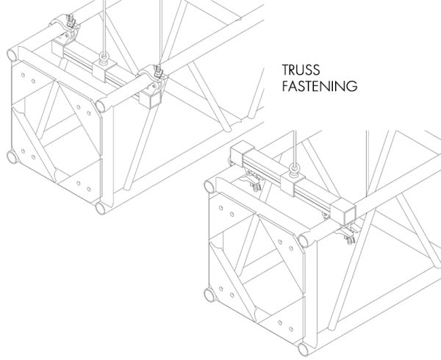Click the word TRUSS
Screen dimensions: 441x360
click(x=301, y=70)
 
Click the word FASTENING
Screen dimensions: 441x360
click(x=320, y=86)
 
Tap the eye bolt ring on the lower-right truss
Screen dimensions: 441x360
click(x=295, y=172)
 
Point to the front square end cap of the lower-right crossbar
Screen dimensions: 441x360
click(x=343, y=212)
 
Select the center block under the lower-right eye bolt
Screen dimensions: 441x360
click(x=293, y=183)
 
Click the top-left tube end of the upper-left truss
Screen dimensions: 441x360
click(x=12, y=55)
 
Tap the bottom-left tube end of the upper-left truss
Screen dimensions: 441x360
click(x=12, y=157)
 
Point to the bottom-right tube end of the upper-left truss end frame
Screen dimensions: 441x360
click(x=101, y=208)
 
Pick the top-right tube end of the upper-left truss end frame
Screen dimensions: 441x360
click(x=101, y=106)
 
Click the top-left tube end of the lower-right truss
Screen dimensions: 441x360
click(x=209, y=187)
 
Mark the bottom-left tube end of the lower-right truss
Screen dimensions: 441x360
click(x=209, y=295)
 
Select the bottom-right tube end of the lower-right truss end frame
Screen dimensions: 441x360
click(x=304, y=350)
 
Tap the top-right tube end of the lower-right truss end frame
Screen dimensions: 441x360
click(x=304, y=241)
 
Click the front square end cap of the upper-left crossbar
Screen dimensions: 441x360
click(x=151, y=99)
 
